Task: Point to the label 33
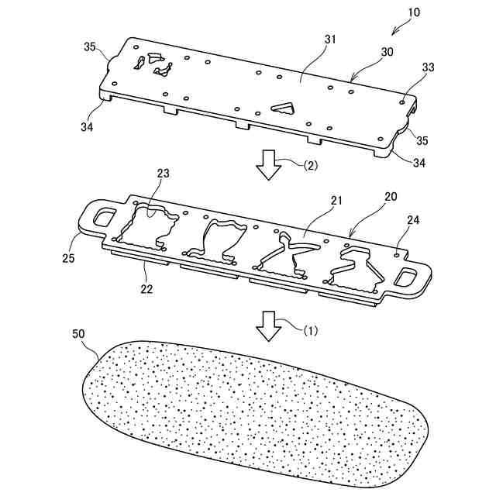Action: (x=426, y=69)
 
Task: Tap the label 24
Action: (x=413, y=220)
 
